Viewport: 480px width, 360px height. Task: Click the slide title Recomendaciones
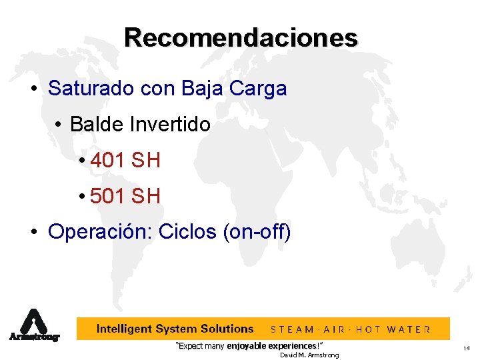pos(240,37)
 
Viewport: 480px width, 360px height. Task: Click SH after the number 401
pos(146,160)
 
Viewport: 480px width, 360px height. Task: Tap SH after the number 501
pos(146,196)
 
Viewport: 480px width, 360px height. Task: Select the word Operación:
pos(100,232)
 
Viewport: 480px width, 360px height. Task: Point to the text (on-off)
pos(257,232)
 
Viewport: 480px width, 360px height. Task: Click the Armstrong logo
pos(33,325)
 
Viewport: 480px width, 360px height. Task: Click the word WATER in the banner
pos(409,329)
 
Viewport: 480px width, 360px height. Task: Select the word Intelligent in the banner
pos(124,329)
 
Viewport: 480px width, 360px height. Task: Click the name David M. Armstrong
pos(309,355)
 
